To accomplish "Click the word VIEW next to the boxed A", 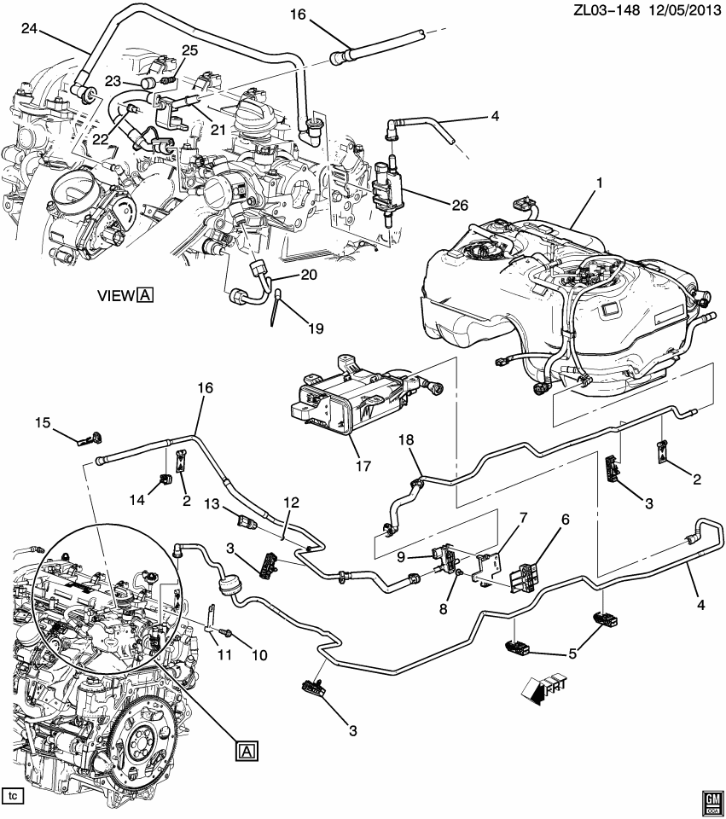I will [x=115, y=295].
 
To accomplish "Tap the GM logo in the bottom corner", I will [x=711, y=798].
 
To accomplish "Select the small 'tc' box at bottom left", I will [x=14, y=796].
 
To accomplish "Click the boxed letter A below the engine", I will [x=247, y=750].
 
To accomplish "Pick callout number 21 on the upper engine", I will [x=218, y=129].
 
